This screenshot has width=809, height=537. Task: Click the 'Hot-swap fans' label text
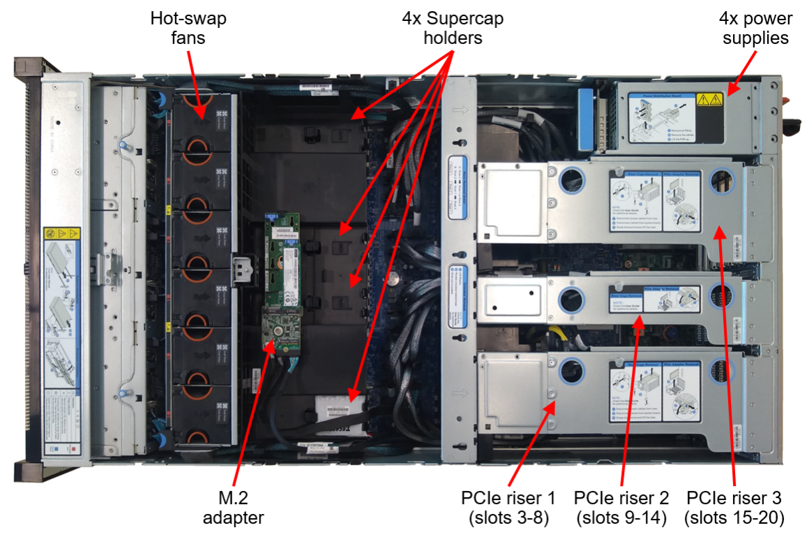pos(188,27)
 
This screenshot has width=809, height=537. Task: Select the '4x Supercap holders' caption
pos(453,27)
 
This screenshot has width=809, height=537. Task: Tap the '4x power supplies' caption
pos(755,27)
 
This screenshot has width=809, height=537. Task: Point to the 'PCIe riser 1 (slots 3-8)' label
pos(508,508)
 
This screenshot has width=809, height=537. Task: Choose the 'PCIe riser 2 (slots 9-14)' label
pos(621,508)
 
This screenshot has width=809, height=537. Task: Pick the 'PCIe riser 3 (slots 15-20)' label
pos(734,508)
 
